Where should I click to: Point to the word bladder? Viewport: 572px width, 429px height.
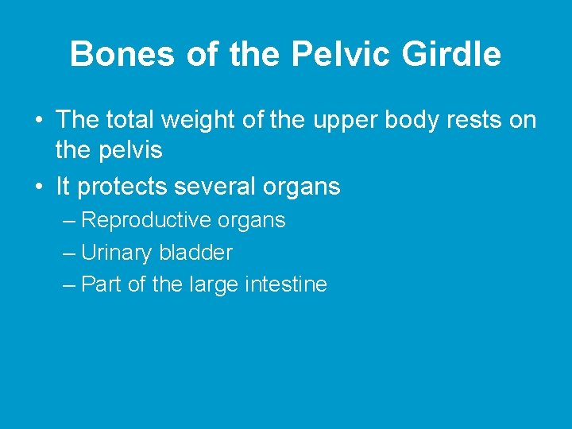(195, 253)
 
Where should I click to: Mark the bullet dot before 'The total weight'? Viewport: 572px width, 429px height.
(37, 121)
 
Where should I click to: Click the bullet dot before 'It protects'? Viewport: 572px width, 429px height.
(37, 187)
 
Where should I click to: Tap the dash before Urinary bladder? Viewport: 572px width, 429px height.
(68, 253)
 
